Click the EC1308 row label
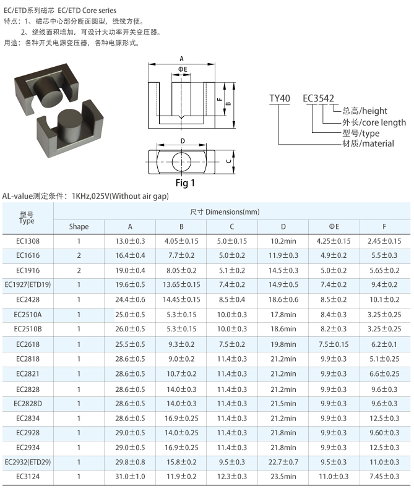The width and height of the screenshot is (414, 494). click(28, 241)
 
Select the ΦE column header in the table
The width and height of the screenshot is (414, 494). click(334, 226)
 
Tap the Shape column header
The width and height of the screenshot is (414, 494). click(79, 226)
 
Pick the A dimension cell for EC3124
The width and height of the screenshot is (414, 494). click(130, 476)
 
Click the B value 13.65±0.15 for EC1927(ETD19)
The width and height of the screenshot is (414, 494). click(181, 284)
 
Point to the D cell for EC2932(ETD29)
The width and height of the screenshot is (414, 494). click(283, 462)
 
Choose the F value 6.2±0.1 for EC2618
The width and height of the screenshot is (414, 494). click(384, 344)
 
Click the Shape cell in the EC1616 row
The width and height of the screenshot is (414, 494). click(79, 255)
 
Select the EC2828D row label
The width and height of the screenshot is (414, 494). click(28, 404)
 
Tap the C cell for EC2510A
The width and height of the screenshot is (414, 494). click(231, 315)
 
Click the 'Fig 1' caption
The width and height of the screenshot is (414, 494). click(185, 183)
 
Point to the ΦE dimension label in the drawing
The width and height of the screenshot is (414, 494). click(183, 69)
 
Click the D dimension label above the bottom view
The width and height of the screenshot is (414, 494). click(183, 141)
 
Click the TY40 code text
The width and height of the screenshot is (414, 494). click(279, 98)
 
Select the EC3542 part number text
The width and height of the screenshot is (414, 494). click(318, 98)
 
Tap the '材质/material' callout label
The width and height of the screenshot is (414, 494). click(368, 143)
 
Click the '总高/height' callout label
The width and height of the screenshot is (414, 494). click(365, 111)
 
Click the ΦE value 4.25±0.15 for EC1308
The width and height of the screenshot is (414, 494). click(334, 241)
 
